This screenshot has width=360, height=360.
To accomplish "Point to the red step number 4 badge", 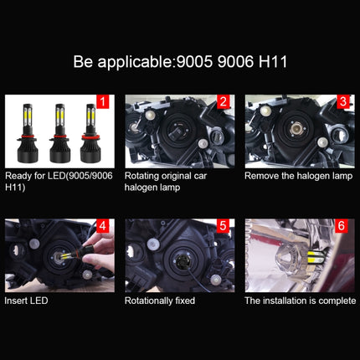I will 105,225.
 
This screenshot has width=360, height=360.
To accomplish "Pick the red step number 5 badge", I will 224,225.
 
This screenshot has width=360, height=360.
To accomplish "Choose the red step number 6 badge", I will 342,225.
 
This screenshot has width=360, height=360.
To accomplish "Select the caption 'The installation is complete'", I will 299,299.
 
